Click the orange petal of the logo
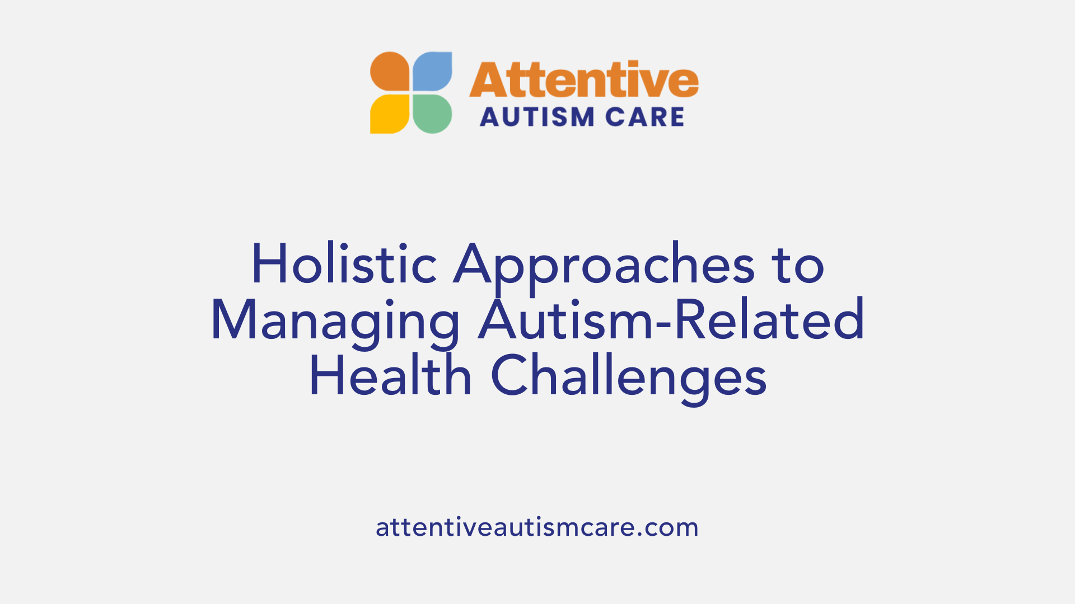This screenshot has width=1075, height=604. [x=390, y=71]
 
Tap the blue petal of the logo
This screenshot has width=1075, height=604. [x=432, y=71]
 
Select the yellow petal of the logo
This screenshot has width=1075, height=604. [x=390, y=114]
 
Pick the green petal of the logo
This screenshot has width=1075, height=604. [x=432, y=114]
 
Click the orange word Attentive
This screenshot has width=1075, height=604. [x=583, y=81]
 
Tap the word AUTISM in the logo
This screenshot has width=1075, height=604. [x=529, y=117]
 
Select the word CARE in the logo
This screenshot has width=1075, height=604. [x=644, y=117]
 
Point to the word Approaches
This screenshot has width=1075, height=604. [x=604, y=265]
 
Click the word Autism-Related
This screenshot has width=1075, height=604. [x=671, y=320]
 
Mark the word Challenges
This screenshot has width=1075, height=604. [x=628, y=377]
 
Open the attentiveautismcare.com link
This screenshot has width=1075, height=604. [x=537, y=527]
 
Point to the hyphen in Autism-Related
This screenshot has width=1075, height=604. [x=664, y=324]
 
